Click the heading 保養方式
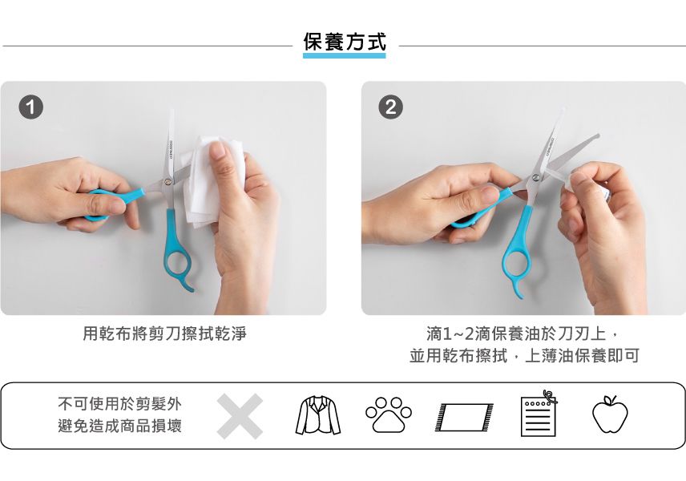tap(344, 41)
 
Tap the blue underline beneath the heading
tap(344, 56)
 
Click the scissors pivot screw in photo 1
tap(167, 181)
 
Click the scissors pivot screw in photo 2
tap(535, 177)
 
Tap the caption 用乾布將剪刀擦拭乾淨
tap(164, 333)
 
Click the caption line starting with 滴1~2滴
tap(524, 333)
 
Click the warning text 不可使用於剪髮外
tap(119, 404)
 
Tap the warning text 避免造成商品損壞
tap(119, 426)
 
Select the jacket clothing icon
tap(318, 416)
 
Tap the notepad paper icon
tap(537, 414)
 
